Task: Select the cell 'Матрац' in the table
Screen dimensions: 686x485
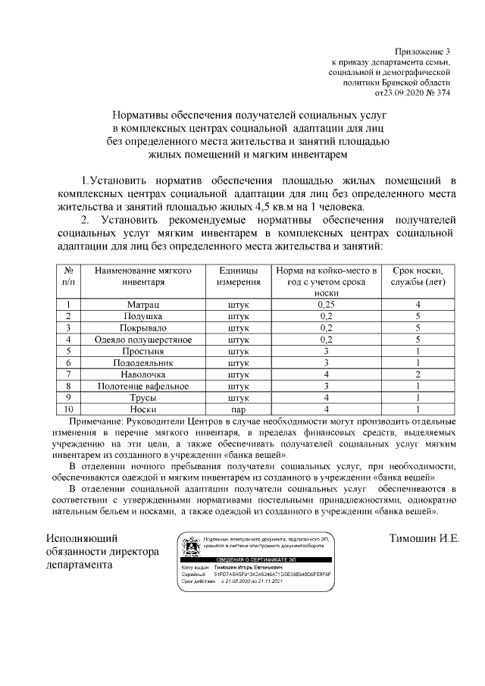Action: (x=142, y=305)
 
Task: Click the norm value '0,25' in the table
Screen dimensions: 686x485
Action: (x=326, y=305)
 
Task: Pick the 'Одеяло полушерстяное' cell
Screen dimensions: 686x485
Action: (x=142, y=339)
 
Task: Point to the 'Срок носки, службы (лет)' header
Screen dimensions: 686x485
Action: (x=417, y=276)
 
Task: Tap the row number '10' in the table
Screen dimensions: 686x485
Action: (x=68, y=409)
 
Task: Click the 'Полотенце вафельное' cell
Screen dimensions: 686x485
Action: (x=142, y=386)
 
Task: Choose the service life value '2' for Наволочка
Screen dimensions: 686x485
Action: (x=417, y=374)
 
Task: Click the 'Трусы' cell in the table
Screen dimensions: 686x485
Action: (x=142, y=397)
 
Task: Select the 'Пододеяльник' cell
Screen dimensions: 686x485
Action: (x=142, y=363)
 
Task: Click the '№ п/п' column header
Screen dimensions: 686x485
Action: (x=68, y=276)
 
